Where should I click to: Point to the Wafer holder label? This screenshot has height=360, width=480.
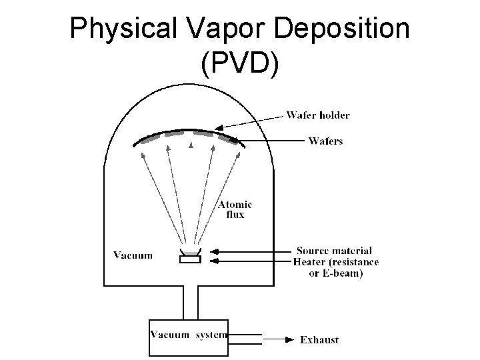click(318, 115)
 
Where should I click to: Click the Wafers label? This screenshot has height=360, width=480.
click(325, 141)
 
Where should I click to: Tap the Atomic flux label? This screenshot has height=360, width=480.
click(236, 209)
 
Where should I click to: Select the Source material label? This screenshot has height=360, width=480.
click(334, 251)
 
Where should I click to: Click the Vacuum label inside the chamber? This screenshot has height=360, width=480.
click(133, 255)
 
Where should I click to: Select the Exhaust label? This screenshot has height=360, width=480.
click(319, 339)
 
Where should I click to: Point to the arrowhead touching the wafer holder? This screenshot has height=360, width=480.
click(218, 129)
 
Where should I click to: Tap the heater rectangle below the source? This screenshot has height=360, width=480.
click(190, 259)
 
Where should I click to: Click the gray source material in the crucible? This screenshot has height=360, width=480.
click(190, 252)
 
